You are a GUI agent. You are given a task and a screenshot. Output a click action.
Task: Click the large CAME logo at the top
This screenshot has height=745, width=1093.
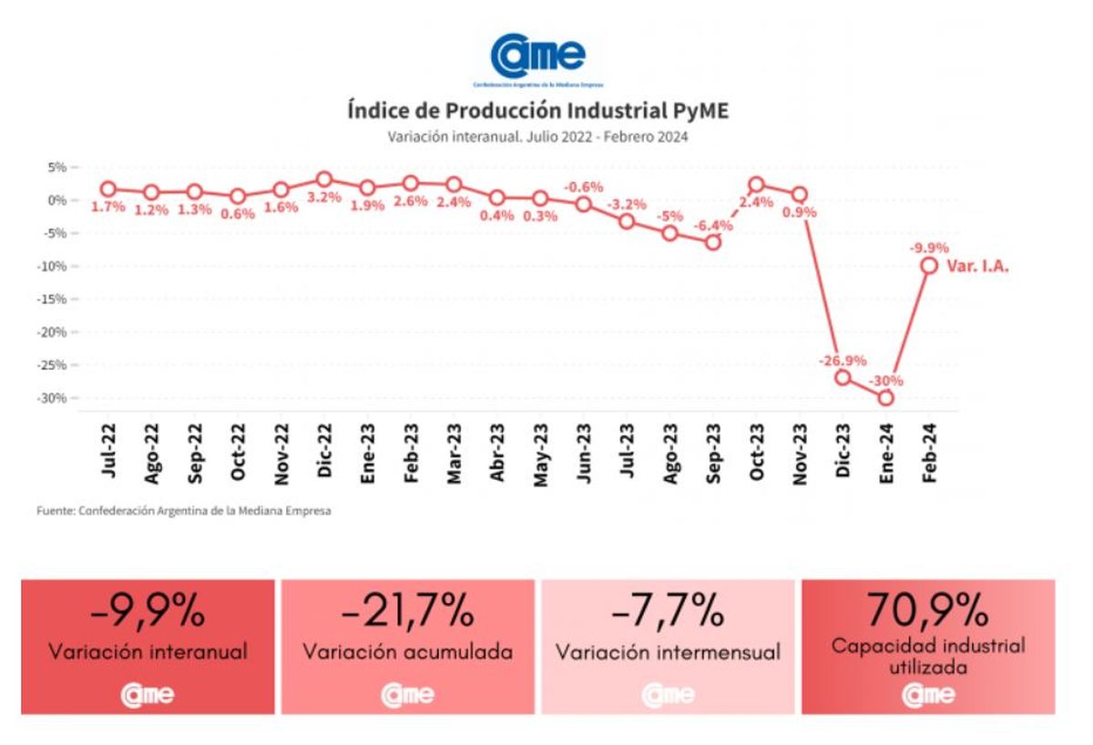537,57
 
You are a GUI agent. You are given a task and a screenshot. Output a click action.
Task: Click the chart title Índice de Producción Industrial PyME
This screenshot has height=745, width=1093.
537,111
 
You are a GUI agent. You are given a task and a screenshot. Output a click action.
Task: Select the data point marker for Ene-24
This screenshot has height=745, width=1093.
885,398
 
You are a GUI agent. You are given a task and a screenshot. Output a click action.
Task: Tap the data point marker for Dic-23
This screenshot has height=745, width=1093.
843,377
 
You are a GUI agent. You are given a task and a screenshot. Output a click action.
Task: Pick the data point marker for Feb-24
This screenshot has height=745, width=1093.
929,265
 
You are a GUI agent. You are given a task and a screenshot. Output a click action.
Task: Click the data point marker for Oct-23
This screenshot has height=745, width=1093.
756,185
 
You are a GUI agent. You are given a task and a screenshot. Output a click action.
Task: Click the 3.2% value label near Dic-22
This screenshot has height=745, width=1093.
324,197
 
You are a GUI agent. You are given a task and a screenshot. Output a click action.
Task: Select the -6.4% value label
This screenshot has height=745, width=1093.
713,225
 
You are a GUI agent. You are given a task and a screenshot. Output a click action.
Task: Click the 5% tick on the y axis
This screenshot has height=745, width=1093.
57,168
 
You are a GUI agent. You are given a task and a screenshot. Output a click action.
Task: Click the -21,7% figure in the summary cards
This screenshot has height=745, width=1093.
407,612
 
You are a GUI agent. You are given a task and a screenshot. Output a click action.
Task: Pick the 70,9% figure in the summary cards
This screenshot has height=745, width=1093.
927,609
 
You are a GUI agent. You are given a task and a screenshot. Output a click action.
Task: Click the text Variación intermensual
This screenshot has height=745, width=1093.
668,652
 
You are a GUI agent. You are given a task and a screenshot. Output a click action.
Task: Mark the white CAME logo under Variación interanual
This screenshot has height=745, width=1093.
148,696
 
